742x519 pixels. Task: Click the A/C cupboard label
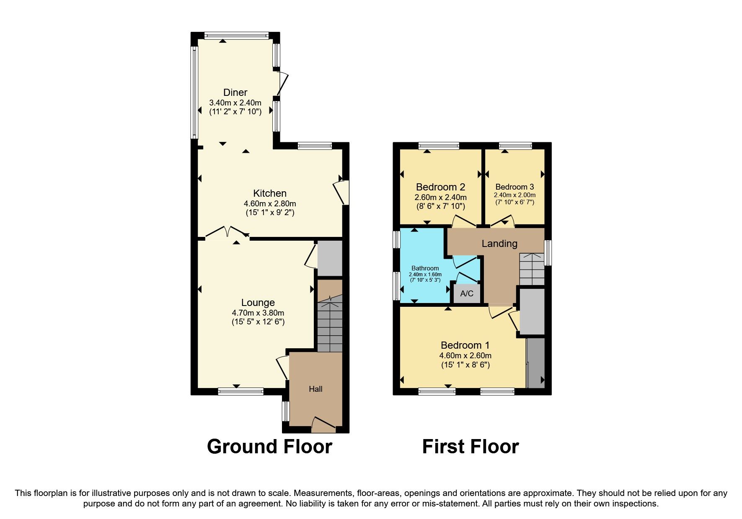click(467, 293)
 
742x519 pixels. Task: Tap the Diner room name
click(235, 92)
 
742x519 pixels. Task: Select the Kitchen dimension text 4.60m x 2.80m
click(270, 204)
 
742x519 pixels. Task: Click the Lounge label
click(258, 303)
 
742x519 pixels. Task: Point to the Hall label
click(315, 389)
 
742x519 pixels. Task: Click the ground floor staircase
click(330, 326)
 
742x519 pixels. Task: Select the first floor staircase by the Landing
click(532, 270)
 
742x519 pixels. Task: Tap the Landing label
click(499, 244)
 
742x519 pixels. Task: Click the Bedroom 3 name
click(514, 187)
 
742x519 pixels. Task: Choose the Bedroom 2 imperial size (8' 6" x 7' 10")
click(440, 206)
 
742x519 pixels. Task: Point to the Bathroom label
click(425, 268)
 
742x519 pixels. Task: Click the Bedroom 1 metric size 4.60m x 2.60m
click(465, 356)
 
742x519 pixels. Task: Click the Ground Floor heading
click(269, 447)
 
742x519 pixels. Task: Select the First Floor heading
click(470, 447)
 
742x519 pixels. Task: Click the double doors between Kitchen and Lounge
click(227, 233)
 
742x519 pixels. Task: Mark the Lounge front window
click(240, 392)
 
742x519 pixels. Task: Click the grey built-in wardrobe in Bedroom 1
click(535, 362)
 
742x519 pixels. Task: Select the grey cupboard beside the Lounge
click(330, 258)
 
